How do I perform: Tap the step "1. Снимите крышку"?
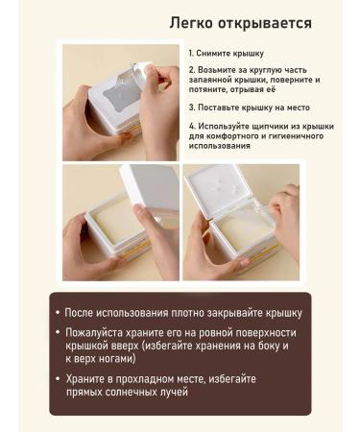(x=226, y=54)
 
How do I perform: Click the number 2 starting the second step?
(x=191, y=70)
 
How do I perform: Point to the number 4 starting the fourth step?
(x=191, y=125)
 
